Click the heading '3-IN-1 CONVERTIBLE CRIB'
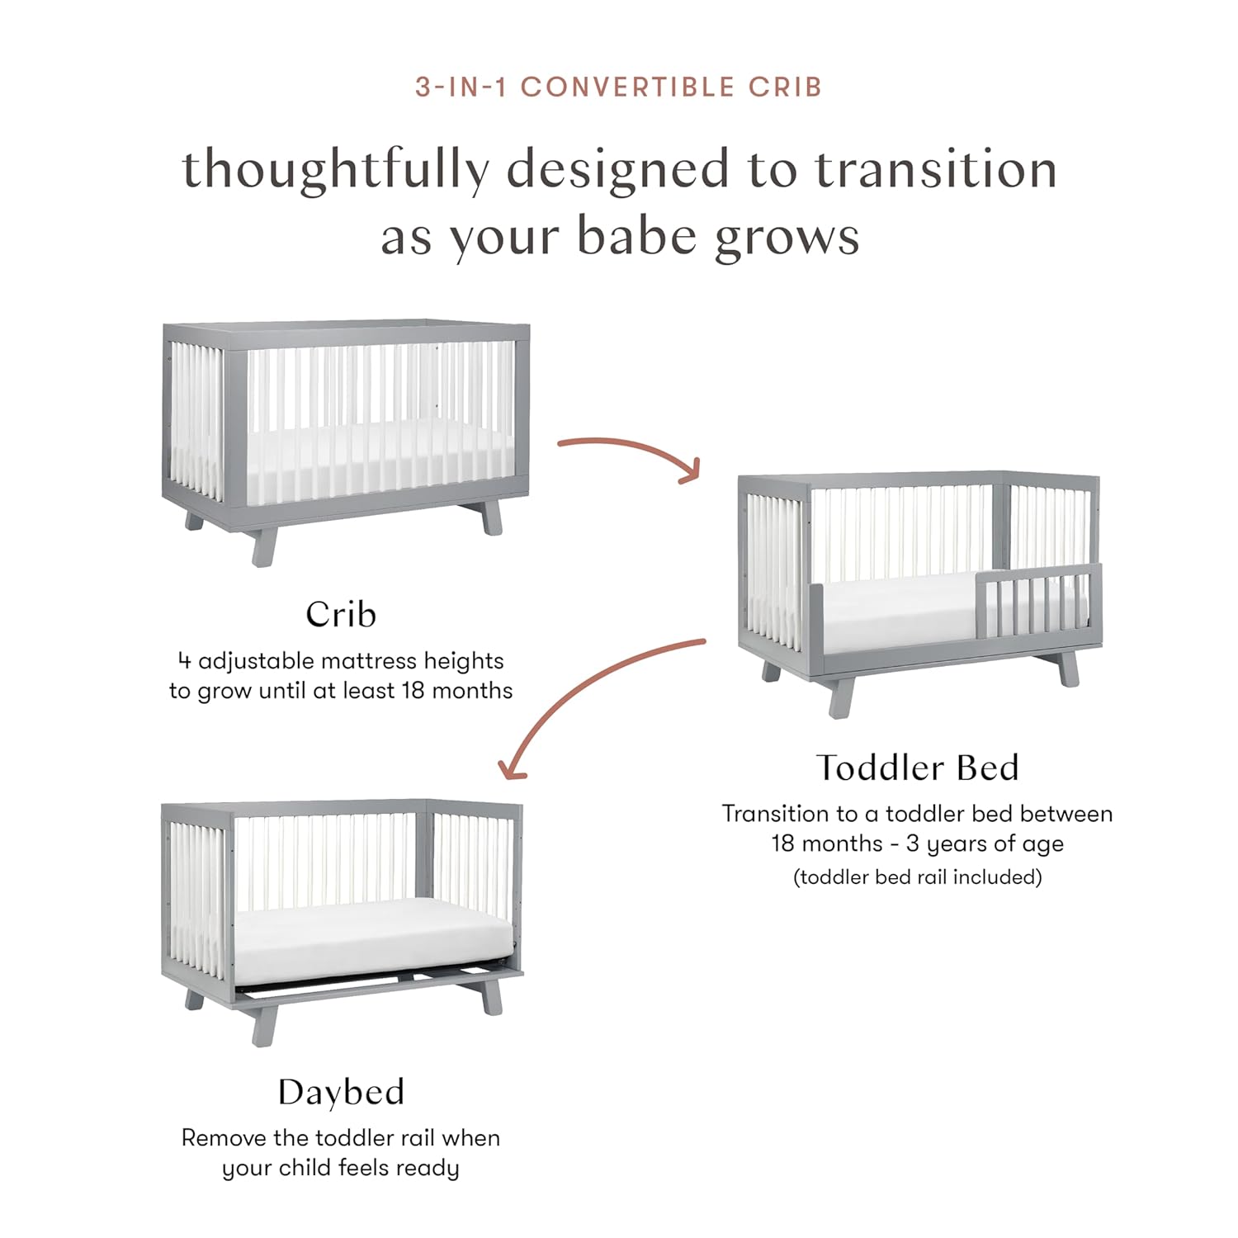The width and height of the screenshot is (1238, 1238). [x=618, y=87]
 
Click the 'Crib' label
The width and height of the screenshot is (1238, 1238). [x=341, y=614]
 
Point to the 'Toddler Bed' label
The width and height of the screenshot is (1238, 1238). [x=917, y=768]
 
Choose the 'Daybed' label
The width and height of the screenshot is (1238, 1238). [x=341, y=1092]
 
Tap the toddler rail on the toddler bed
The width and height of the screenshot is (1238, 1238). [x=1039, y=602]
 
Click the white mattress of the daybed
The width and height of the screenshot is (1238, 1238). [x=371, y=937]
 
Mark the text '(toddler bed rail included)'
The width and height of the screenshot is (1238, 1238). [x=917, y=877]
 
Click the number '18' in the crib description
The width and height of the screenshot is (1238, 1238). [x=413, y=690]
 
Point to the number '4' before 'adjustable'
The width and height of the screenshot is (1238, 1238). [x=184, y=660]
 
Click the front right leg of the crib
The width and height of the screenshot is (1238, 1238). [x=492, y=517]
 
